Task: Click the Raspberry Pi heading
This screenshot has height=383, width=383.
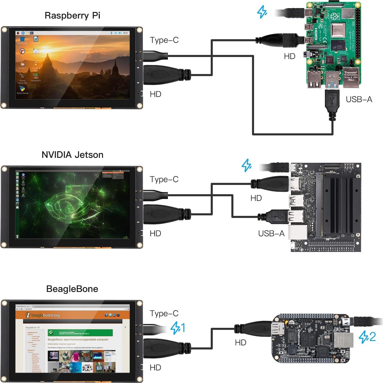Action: click(x=72, y=15)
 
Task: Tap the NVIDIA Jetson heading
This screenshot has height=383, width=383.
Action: click(x=72, y=155)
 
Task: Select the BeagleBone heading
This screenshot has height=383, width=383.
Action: click(x=72, y=289)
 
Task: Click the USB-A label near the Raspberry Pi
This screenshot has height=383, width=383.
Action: click(x=359, y=99)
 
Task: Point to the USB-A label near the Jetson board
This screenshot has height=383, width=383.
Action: click(x=271, y=233)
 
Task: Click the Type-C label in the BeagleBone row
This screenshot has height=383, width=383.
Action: click(x=164, y=313)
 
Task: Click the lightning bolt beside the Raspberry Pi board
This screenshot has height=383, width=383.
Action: click(x=262, y=12)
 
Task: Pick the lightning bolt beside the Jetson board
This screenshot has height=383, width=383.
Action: click(x=247, y=165)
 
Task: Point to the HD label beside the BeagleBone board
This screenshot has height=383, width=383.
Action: click(x=240, y=343)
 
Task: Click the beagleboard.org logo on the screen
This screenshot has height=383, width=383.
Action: click(x=43, y=315)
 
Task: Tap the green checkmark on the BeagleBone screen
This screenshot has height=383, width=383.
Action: click(x=51, y=332)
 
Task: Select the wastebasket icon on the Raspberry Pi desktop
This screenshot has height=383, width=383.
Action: click(x=22, y=39)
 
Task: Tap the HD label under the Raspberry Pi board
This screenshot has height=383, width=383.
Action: click(x=289, y=56)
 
